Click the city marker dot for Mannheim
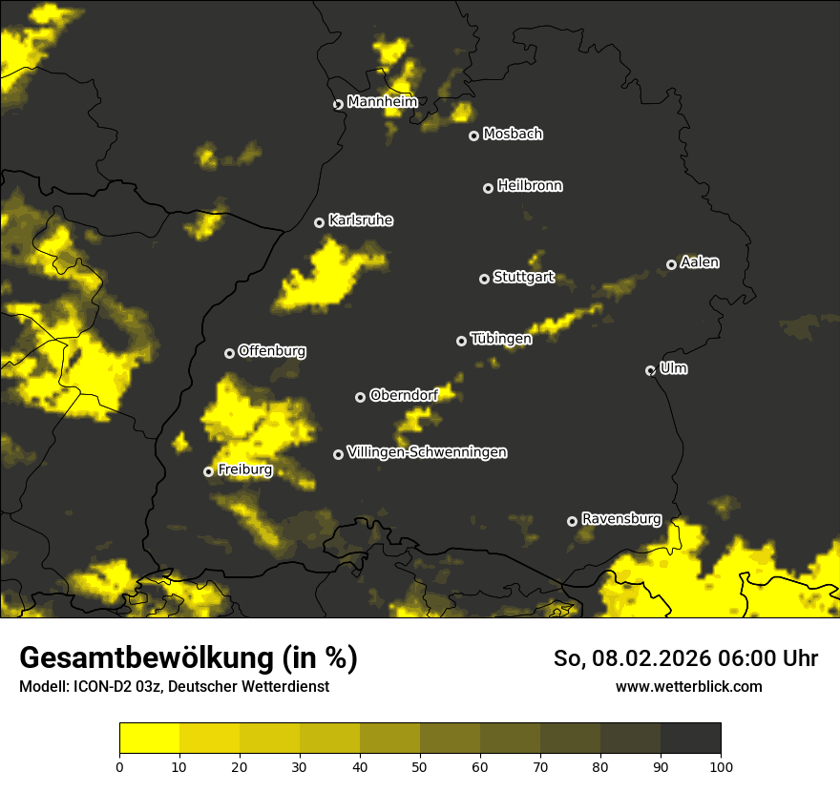(x=338, y=105)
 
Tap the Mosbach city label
(x=513, y=135)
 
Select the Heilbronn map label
(x=530, y=186)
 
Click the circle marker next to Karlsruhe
(x=320, y=222)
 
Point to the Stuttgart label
(x=524, y=278)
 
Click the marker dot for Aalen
(x=672, y=264)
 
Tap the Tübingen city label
(x=501, y=339)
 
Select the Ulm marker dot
(x=651, y=370)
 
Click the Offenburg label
(x=272, y=351)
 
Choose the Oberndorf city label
(x=404, y=395)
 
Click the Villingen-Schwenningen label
(x=427, y=452)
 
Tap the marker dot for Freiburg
(x=209, y=471)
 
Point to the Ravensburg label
(x=621, y=519)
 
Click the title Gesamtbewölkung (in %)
(x=188, y=658)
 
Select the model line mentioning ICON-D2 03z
(x=174, y=687)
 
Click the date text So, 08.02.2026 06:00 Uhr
(x=685, y=658)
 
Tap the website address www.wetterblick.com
(x=688, y=687)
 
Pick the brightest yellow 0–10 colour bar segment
(x=150, y=738)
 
